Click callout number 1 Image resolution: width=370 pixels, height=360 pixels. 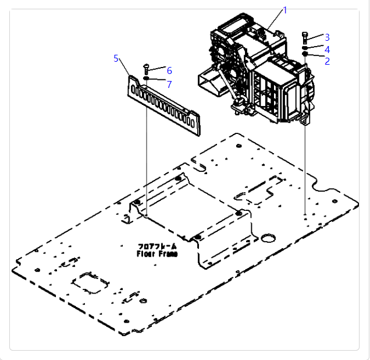285,10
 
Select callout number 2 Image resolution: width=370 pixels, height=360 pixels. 327,61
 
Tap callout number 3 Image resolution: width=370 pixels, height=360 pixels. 327,37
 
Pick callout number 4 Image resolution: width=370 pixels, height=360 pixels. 327,50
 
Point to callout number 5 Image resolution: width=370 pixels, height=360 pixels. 116,58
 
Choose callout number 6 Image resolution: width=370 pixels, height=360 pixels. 169,70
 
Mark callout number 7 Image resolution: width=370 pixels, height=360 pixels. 169,84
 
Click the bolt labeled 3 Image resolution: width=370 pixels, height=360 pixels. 305,38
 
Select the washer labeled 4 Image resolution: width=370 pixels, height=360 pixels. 305,48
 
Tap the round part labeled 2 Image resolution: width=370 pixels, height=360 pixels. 305,54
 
